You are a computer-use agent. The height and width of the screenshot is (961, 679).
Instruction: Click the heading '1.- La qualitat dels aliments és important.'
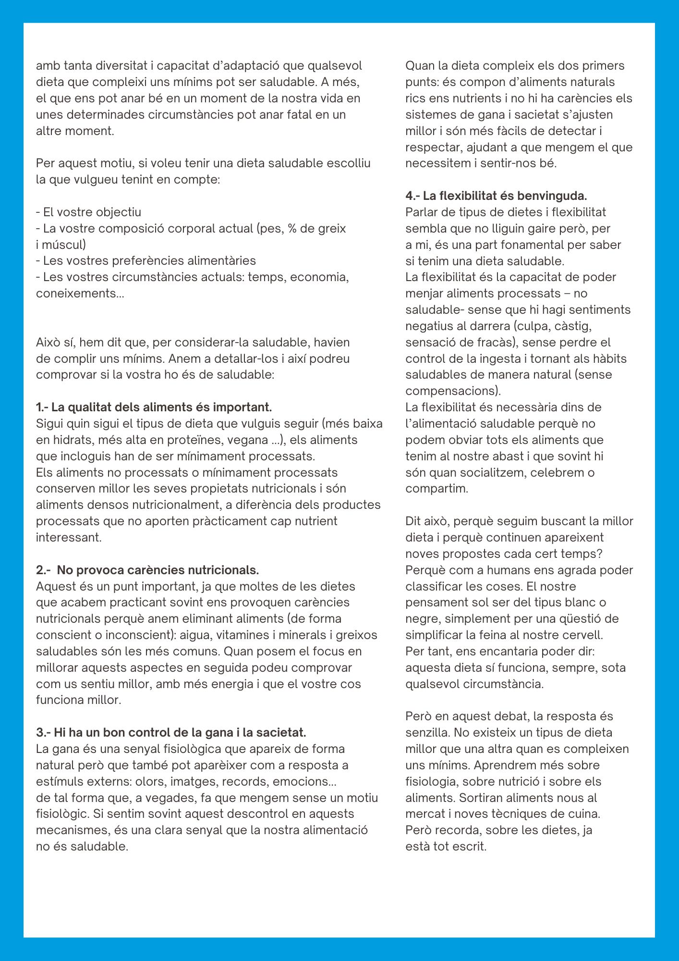click(x=154, y=407)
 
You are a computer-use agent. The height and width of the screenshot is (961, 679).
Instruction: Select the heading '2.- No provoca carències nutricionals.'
click(x=147, y=570)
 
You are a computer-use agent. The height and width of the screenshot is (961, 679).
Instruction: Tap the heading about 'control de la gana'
click(x=171, y=732)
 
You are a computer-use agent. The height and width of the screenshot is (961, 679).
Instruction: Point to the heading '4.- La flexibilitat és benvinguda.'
click(x=496, y=196)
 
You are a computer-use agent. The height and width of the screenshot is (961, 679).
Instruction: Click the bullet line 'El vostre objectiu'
click(x=89, y=212)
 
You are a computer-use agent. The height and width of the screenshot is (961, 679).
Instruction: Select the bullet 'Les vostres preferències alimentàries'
click(x=146, y=261)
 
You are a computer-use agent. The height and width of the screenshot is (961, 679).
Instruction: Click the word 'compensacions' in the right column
click(x=450, y=391)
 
